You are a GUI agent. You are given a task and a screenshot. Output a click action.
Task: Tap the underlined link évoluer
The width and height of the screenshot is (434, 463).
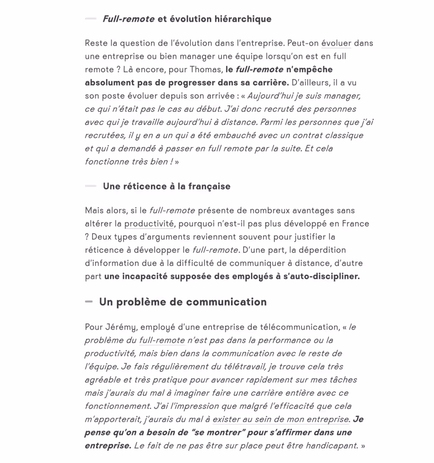(336, 43)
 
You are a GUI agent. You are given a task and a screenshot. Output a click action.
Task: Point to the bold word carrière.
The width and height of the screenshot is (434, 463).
(269, 83)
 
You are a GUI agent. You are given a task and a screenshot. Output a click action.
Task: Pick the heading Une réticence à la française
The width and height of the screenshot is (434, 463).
(166, 186)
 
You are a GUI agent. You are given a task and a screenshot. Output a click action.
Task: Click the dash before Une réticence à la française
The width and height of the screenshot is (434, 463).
(90, 186)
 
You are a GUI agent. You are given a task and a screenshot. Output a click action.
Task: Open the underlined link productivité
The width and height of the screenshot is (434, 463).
(149, 224)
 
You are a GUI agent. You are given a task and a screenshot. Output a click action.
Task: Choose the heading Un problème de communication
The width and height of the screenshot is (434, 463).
(183, 302)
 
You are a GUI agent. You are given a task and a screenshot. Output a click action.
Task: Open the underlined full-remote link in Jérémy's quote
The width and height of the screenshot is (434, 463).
(162, 340)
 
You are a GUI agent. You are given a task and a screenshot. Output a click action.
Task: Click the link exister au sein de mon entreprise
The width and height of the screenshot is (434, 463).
(280, 420)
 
